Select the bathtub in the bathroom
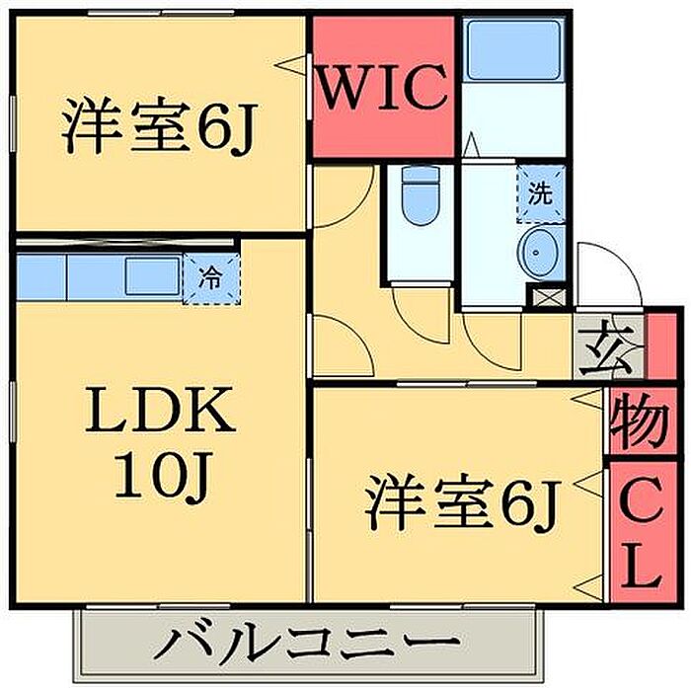513,50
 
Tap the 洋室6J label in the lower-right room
461,503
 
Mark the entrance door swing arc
603,268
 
